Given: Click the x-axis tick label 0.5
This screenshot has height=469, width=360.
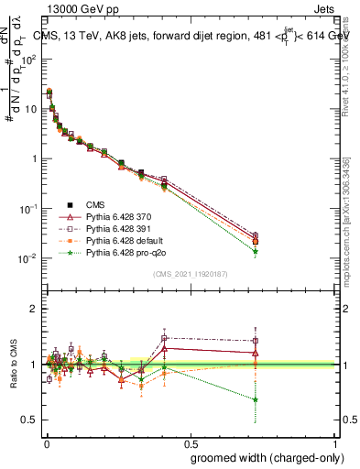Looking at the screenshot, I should coord(191,442).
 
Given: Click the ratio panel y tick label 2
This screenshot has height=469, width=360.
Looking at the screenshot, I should coord(34,309).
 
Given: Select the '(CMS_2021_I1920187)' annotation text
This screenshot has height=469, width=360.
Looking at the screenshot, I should coord(191,273).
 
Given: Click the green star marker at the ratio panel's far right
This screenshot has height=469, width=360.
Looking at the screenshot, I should coord(256,399).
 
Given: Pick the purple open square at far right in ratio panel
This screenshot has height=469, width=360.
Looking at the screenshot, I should coord(256,340).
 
